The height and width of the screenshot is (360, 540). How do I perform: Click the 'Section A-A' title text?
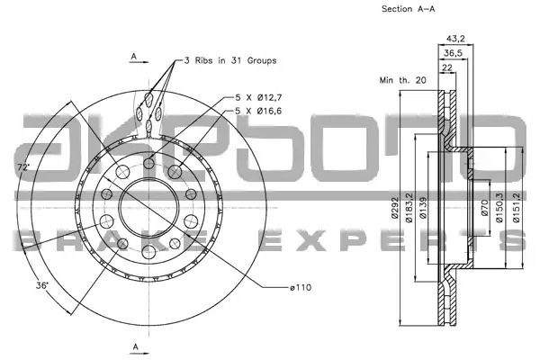[x=408, y=9]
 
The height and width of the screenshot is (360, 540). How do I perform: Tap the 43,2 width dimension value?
[x=455, y=39]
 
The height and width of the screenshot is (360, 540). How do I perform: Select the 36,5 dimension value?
[x=453, y=53]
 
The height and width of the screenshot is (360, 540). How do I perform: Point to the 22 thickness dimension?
[x=446, y=67]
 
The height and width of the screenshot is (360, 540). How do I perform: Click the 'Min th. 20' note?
[x=402, y=80]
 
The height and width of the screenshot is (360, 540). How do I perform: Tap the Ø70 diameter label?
[x=484, y=208]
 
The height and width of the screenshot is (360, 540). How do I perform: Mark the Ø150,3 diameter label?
[x=499, y=207]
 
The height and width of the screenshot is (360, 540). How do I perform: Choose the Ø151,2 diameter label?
[x=516, y=207]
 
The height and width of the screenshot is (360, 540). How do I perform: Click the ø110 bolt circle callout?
[x=301, y=287]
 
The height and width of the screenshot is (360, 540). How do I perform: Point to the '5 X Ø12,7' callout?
[x=258, y=97]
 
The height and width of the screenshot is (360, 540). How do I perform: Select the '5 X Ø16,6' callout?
[x=258, y=111]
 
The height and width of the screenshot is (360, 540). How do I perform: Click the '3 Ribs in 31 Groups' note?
[x=230, y=60]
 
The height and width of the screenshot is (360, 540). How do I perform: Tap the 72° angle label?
[x=23, y=167]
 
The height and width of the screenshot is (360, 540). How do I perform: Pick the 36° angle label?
[x=42, y=285]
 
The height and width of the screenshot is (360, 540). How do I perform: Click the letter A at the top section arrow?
[x=134, y=56]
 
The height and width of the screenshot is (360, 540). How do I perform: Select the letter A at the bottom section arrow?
[x=135, y=346]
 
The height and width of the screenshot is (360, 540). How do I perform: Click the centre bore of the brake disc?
[x=148, y=208]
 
